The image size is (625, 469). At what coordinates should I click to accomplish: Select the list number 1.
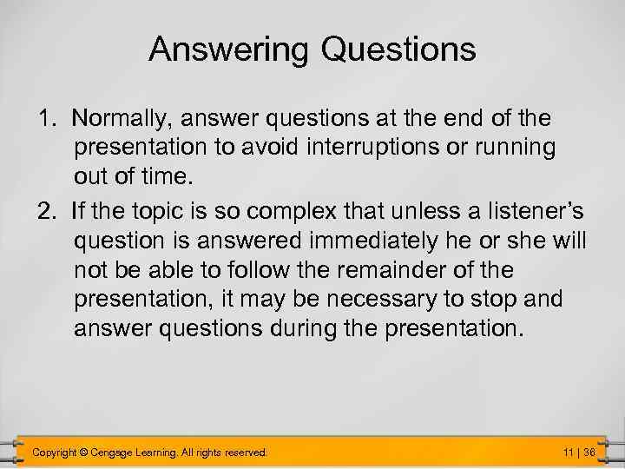click(45, 117)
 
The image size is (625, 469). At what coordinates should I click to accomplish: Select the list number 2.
click(45, 208)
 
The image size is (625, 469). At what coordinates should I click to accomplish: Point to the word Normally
click(115, 117)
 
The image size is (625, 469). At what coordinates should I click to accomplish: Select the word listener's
click(523, 208)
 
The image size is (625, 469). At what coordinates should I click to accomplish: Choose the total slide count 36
click(589, 452)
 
